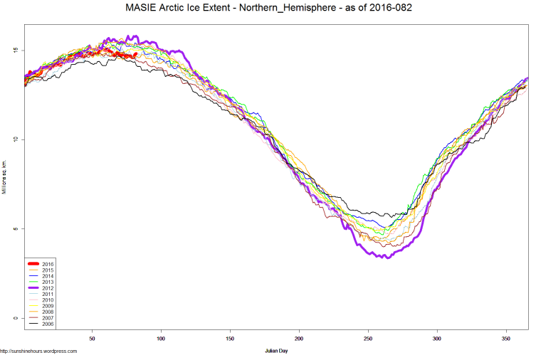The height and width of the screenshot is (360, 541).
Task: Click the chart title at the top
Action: click(x=270, y=8)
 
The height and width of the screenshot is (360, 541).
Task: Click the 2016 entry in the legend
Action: click(x=48, y=264)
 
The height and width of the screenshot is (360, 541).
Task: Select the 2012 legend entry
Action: click(x=48, y=288)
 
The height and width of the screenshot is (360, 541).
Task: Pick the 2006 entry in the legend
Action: click(x=48, y=324)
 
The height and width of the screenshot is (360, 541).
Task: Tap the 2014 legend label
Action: click(x=48, y=276)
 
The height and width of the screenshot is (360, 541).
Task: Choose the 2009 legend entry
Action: click(x=48, y=306)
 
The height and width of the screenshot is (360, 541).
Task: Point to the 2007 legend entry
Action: click(x=48, y=318)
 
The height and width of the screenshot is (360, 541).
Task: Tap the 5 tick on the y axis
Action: click(x=15, y=228)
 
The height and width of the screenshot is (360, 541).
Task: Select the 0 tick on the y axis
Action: click(x=15, y=318)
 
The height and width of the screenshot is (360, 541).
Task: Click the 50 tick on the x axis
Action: click(x=92, y=339)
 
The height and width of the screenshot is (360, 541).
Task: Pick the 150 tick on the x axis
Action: click(x=230, y=339)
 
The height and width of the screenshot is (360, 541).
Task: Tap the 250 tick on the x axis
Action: click(x=368, y=339)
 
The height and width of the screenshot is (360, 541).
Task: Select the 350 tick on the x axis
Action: click(x=506, y=339)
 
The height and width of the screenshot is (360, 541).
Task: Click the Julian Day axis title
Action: click(x=276, y=351)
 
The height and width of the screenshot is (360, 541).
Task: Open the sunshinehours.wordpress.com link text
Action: click(x=38, y=351)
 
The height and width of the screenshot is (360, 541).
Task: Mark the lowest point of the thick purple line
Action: click(x=387, y=257)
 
